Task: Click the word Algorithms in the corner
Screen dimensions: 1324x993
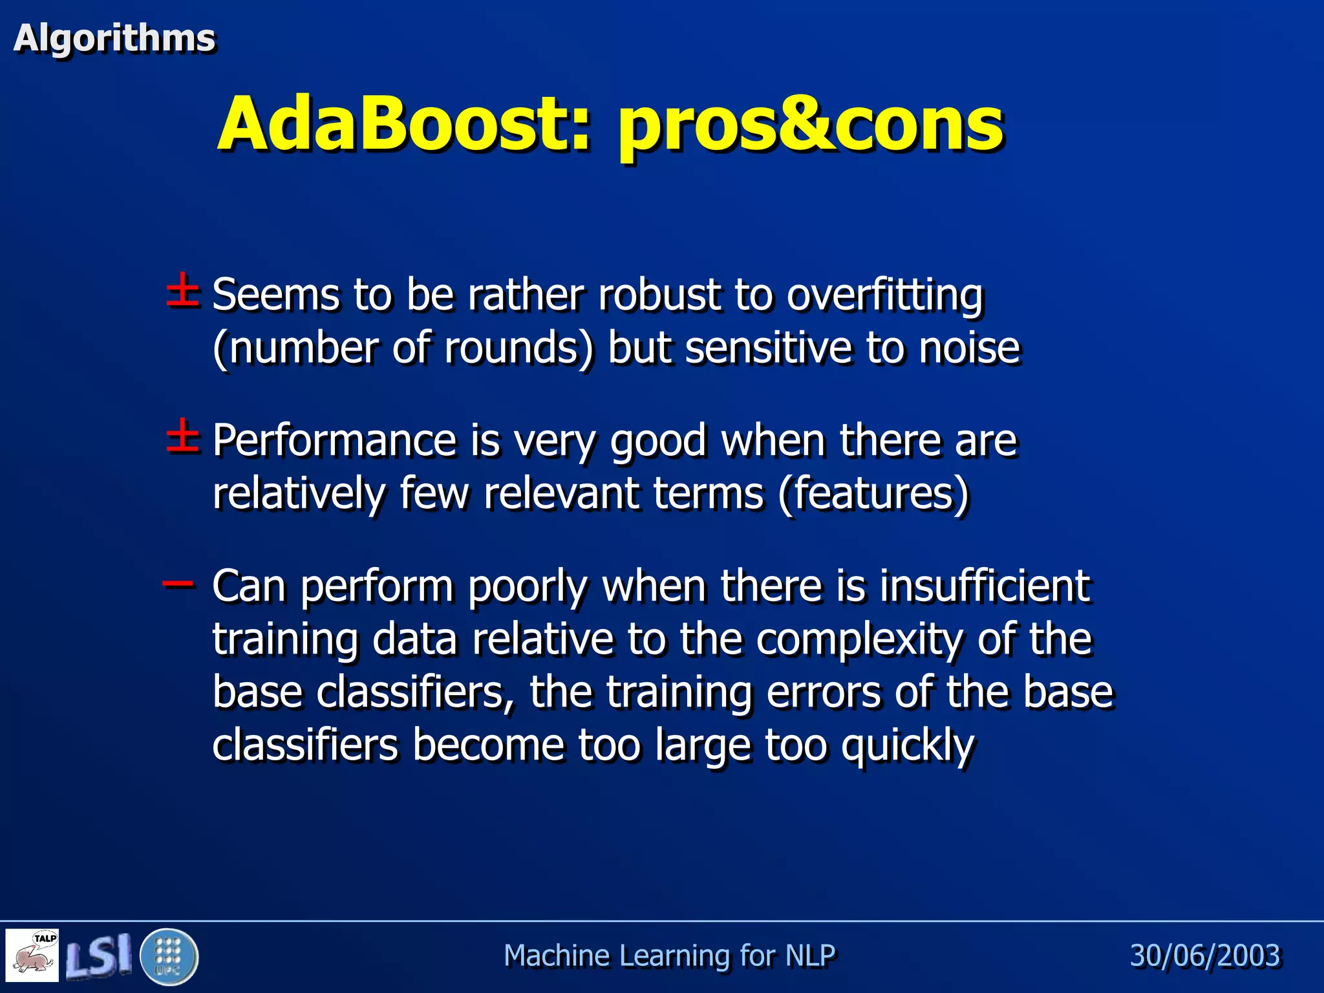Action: coord(114,37)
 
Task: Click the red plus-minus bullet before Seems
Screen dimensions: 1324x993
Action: coord(183,291)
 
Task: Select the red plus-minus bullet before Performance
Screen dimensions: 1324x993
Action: coord(183,436)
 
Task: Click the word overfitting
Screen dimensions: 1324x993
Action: coord(884,295)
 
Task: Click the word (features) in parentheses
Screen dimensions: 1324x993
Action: coord(874,494)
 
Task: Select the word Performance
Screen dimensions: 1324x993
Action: coord(334,441)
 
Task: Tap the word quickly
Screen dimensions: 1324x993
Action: coord(908,746)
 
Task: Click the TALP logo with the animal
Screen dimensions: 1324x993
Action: coord(32,956)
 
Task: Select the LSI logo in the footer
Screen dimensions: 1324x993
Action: coord(99,956)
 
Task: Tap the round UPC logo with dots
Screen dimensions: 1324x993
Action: coord(169,956)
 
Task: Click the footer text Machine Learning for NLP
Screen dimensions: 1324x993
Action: coord(669,956)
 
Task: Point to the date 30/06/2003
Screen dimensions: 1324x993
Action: coord(1204,956)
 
